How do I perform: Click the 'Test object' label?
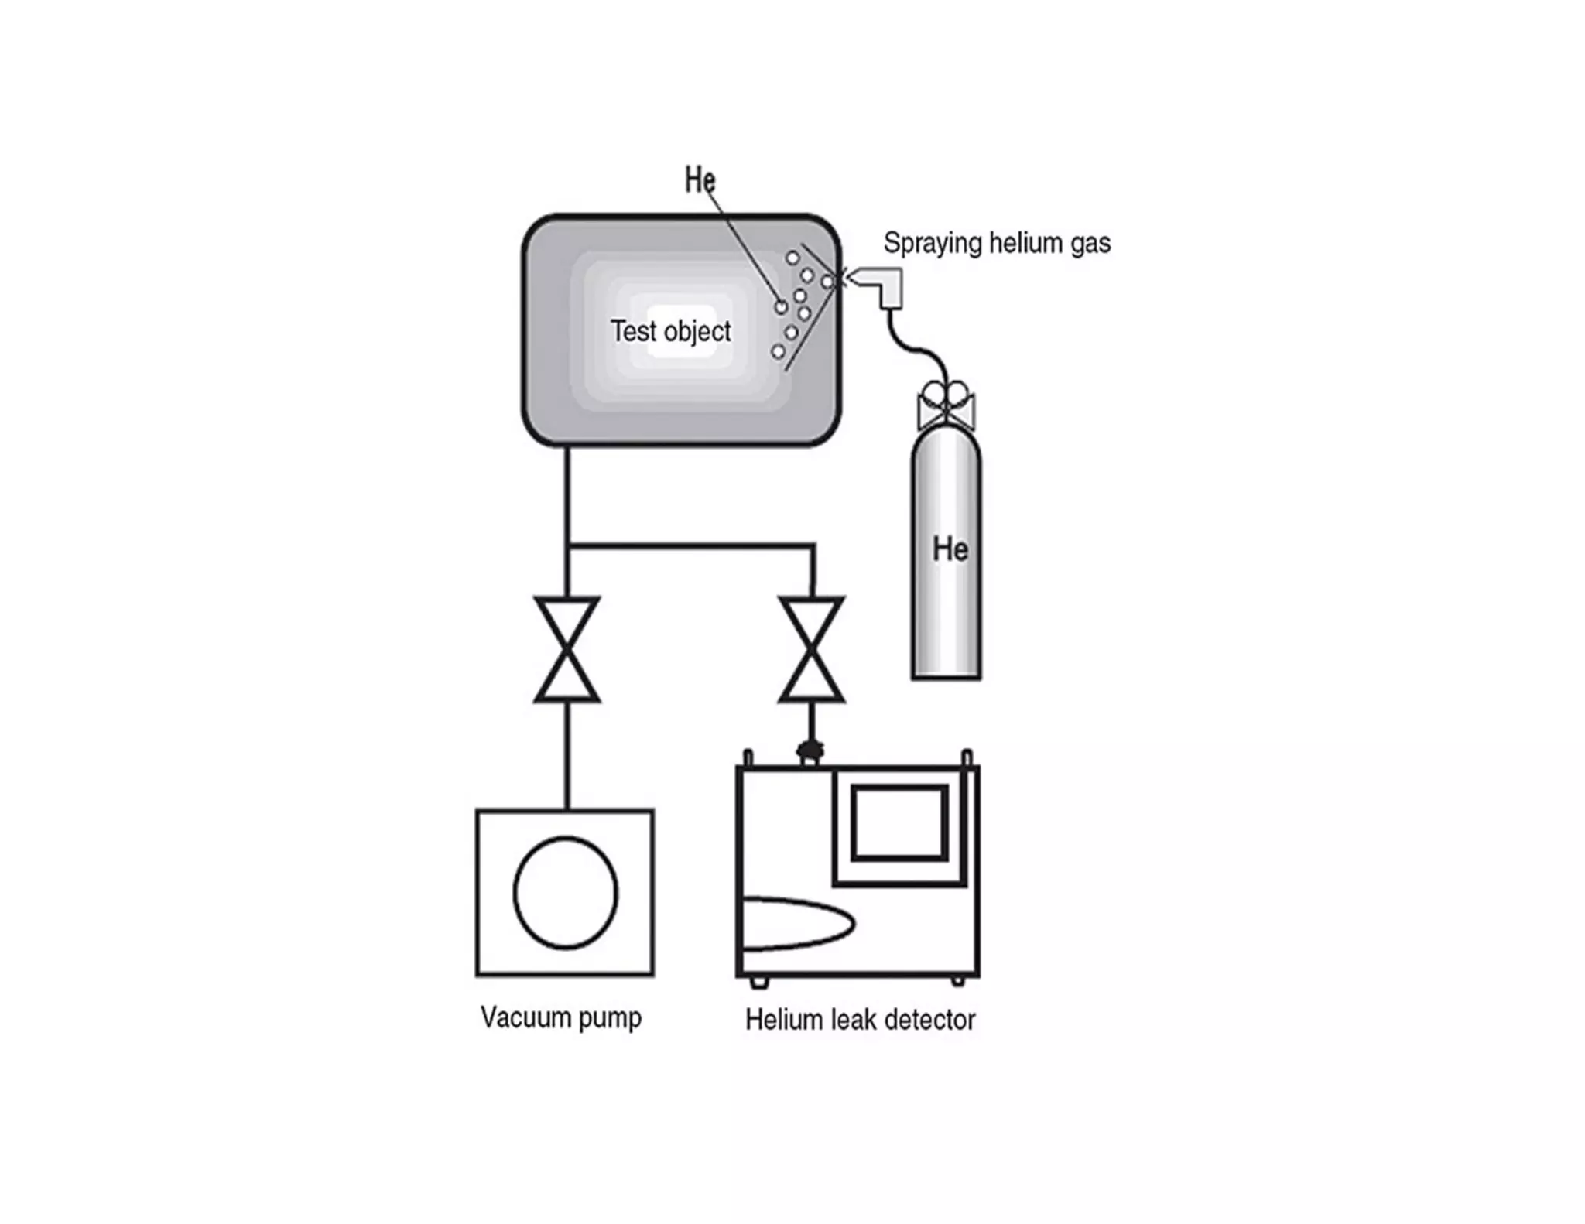[x=670, y=331]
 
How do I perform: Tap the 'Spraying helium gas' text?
[x=997, y=243]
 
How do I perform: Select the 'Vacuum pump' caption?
[x=561, y=1017]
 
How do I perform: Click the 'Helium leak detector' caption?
[x=860, y=1020]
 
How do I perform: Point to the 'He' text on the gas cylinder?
[x=950, y=549]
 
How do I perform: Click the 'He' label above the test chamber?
[x=700, y=180]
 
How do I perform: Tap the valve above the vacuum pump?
[x=567, y=649]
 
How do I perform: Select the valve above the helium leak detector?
[x=812, y=649]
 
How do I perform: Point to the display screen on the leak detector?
[x=900, y=822]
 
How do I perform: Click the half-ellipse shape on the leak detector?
[x=797, y=923]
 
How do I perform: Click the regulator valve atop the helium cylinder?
[x=946, y=405]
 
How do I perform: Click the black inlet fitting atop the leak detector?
[x=810, y=749]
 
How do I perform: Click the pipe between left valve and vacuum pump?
[x=567, y=755]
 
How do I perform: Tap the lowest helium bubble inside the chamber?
[x=778, y=352]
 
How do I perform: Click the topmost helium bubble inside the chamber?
[x=792, y=258]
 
